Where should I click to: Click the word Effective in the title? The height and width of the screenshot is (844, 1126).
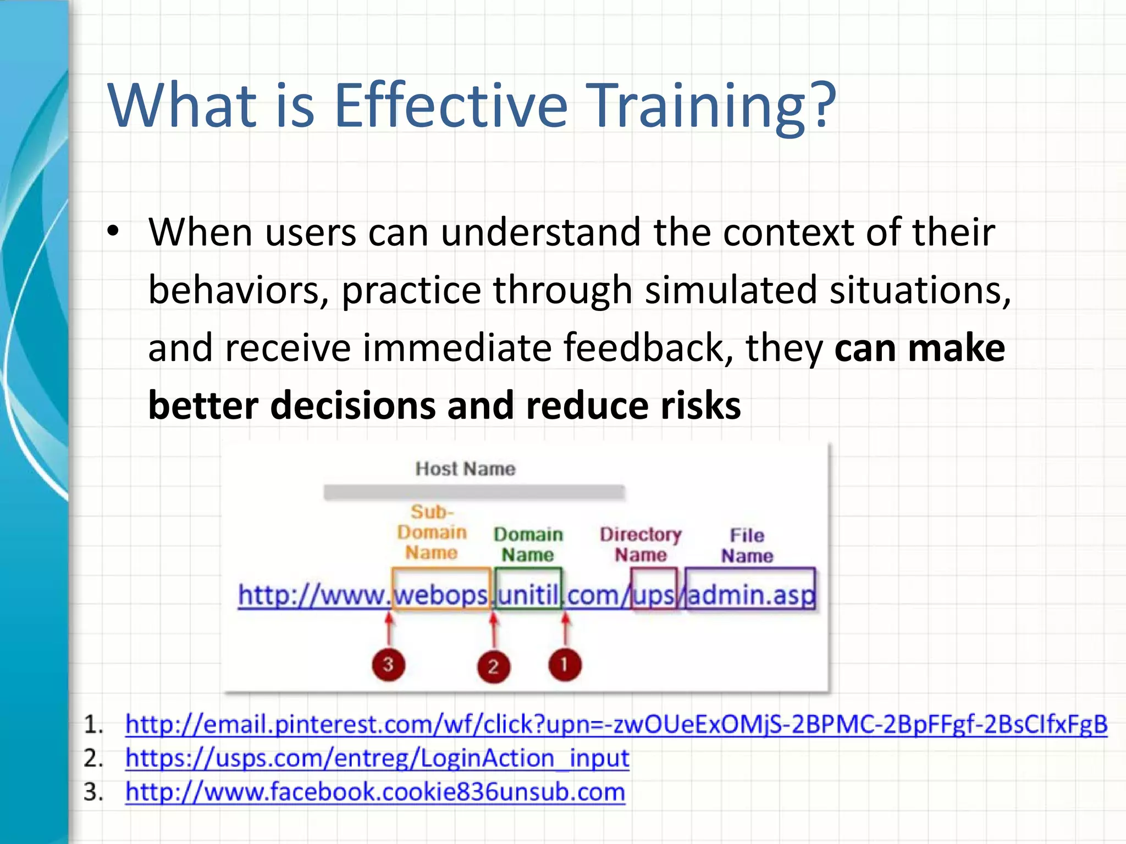[x=451, y=105]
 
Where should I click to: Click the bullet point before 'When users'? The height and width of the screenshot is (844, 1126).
[x=113, y=231]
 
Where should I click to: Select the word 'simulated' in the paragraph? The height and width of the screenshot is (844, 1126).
[x=731, y=291]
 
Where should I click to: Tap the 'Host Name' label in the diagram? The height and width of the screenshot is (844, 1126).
[x=465, y=469]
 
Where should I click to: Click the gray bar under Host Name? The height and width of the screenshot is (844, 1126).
[x=474, y=492]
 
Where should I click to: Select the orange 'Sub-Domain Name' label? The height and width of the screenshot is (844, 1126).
[x=432, y=532]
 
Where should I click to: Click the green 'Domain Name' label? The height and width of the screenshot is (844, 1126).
[x=528, y=544]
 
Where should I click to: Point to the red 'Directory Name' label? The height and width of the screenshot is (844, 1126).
[x=641, y=544]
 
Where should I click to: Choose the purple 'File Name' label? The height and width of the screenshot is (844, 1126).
[x=747, y=545]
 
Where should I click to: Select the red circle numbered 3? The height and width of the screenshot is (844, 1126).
[x=388, y=665]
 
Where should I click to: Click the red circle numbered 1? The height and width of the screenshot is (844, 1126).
[x=565, y=665]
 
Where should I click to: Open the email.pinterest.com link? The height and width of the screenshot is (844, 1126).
[x=616, y=724]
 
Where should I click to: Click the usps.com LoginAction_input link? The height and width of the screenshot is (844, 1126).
[x=377, y=758]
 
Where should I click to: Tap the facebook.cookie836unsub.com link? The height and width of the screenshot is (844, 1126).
[x=376, y=792]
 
